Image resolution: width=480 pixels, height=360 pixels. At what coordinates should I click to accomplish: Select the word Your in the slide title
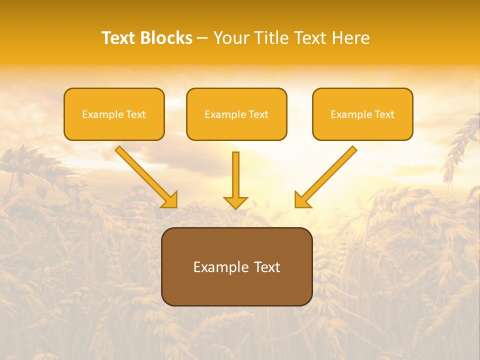tap(230, 38)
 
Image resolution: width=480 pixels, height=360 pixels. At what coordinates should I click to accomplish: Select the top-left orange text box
tap(114, 114)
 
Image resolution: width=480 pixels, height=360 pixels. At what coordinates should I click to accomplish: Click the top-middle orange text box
tap(236, 114)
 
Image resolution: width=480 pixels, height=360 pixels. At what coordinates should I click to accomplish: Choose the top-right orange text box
tap(362, 114)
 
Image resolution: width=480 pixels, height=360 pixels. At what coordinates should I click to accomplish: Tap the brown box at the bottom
tap(236, 266)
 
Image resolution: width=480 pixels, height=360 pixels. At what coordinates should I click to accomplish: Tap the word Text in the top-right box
tap(384, 114)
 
